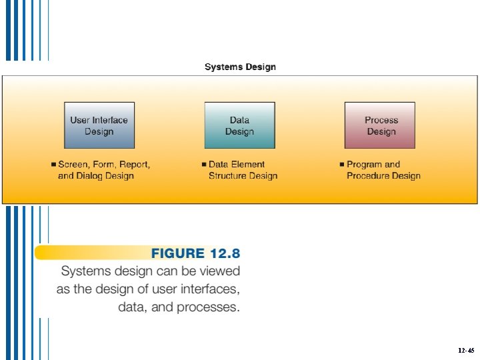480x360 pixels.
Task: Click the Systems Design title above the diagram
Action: [240, 67]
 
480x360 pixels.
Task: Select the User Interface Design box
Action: [99, 125]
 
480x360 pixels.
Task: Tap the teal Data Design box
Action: [239, 125]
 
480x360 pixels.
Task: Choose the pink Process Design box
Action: [380, 125]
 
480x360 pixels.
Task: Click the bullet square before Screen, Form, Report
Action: [53, 164]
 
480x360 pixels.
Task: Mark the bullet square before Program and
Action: [341, 164]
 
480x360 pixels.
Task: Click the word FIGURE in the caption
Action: [177, 253]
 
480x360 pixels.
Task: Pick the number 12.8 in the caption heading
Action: [225, 253]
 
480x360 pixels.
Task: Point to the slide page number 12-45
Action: [466, 350]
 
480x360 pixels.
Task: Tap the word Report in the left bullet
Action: [135, 164]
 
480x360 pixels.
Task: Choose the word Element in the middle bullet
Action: [249, 164]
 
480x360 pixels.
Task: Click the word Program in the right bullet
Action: [364, 164]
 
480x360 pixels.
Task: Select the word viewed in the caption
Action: [217, 271]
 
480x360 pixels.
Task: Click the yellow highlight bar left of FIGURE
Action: [87, 253]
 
